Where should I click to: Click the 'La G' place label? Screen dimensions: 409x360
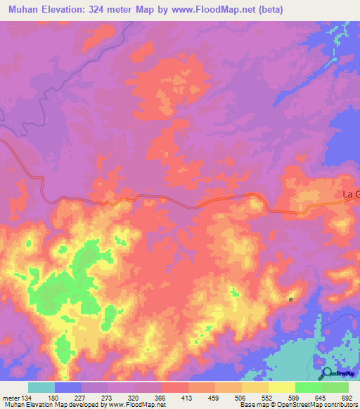click(350, 194)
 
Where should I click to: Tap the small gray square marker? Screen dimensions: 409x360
click(290, 300)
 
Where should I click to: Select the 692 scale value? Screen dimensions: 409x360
click(347, 398)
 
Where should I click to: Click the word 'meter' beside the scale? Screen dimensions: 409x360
click(11, 398)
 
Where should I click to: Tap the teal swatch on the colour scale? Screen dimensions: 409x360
click(41, 387)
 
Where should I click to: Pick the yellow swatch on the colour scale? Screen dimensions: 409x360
click(281, 387)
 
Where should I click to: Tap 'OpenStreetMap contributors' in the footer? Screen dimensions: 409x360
click(316, 405)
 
